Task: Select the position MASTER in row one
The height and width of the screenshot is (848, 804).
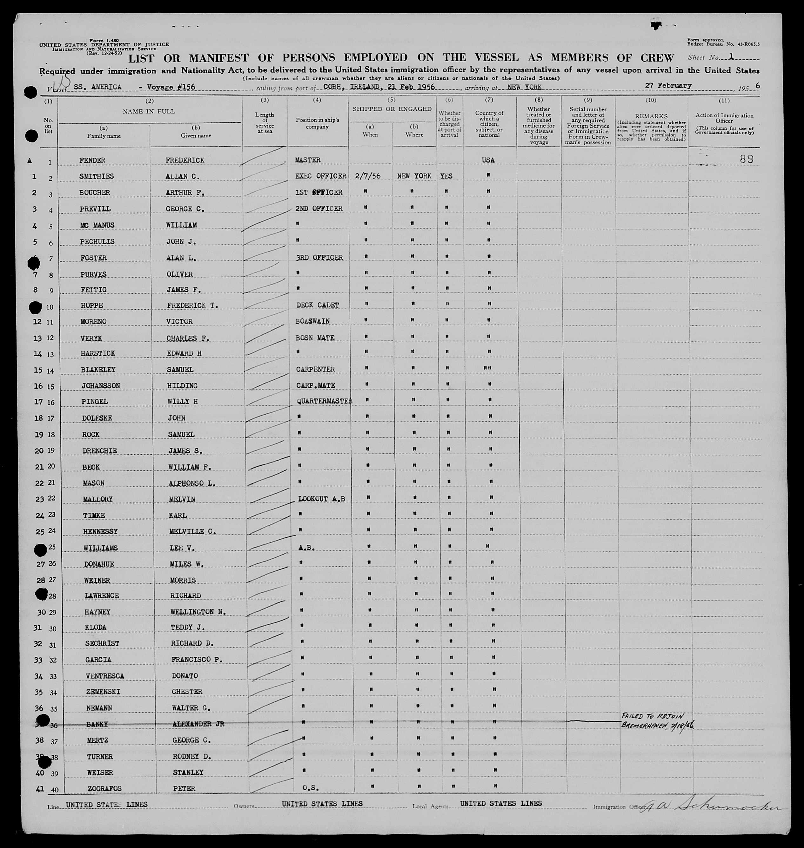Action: pos(308,160)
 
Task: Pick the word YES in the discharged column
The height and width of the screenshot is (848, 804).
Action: pos(446,176)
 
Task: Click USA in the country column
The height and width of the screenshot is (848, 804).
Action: pos(488,160)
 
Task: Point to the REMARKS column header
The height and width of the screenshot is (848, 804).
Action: pos(651,116)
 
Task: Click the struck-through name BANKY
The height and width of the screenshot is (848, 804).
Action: pos(97,724)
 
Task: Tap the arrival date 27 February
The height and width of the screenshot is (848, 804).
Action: pos(668,86)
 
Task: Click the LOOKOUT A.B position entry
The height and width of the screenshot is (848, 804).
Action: pos(321,499)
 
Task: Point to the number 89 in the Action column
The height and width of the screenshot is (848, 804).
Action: pos(747,159)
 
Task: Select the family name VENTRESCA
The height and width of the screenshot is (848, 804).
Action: pos(105,676)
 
